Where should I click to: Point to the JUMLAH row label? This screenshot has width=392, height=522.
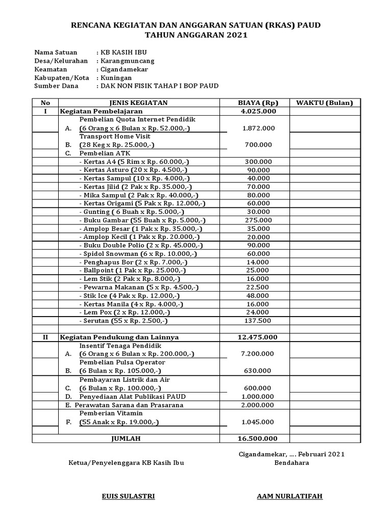click(x=126, y=438)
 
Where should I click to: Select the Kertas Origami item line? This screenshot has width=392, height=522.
click(x=142, y=203)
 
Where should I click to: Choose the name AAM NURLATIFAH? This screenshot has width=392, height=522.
click(x=290, y=497)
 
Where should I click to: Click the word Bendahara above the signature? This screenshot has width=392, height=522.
click(x=291, y=463)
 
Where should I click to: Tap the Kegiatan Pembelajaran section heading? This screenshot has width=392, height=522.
click(x=101, y=111)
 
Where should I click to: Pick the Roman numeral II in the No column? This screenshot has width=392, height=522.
click(x=45, y=337)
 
